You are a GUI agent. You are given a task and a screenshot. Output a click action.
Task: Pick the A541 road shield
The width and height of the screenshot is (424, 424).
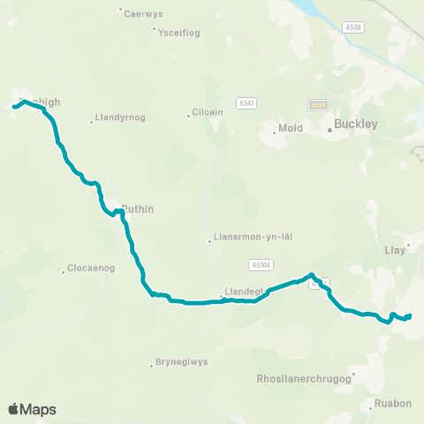point(246,103)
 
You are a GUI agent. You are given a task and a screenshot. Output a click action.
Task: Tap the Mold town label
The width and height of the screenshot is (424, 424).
point(290,129)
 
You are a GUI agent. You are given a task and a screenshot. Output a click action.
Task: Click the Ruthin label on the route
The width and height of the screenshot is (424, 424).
point(139,209)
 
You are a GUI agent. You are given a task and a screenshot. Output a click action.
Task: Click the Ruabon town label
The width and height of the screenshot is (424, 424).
point(393,404)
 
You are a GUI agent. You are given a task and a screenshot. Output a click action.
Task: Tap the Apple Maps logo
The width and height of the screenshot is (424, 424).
point(32,409)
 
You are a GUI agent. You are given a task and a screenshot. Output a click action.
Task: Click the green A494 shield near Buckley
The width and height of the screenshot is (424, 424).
point(319,104)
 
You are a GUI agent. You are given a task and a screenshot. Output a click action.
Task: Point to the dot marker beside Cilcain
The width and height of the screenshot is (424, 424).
point(189,114)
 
